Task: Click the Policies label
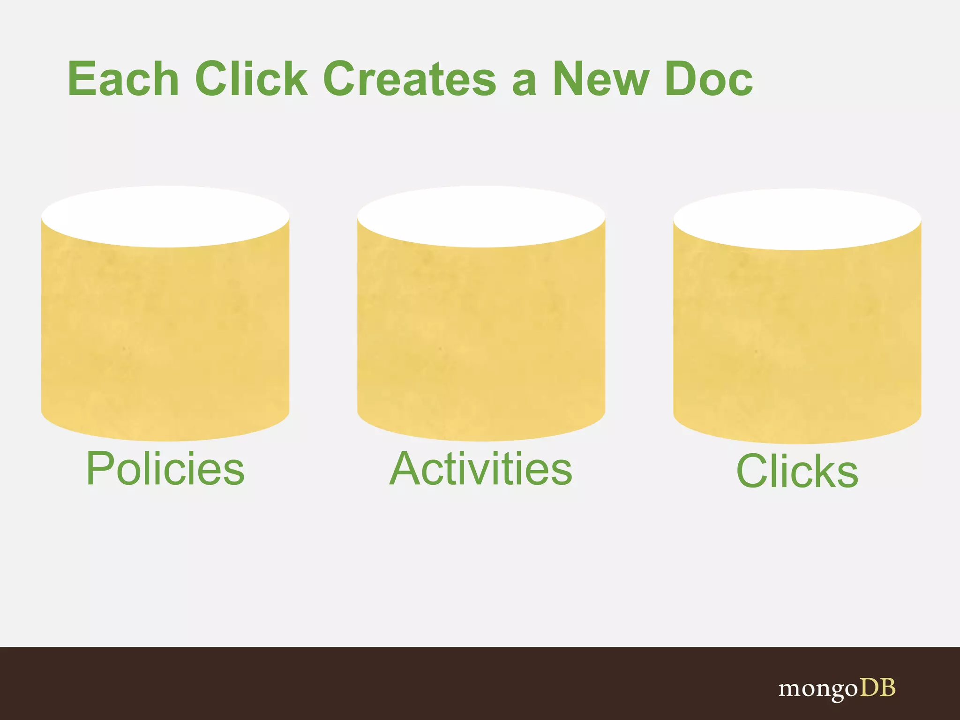click(x=165, y=469)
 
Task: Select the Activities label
click(x=481, y=469)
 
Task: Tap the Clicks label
click(x=797, y=471)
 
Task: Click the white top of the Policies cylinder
click(x=165, y=217)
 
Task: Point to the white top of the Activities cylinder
click(x=481, y=217)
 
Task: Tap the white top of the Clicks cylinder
click(x=797, y=219)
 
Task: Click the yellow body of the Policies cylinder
click(x=165, y=337)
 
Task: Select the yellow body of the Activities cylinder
click(x=481, y=337)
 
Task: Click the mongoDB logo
click(x=837, y=689)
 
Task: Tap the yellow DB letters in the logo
click(x=877, y=687)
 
